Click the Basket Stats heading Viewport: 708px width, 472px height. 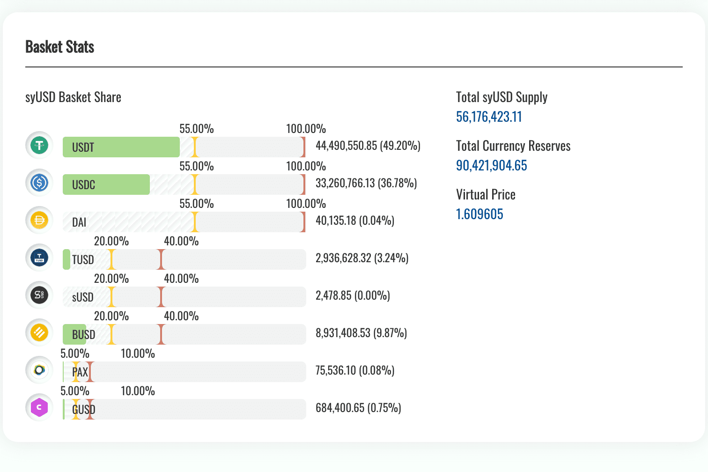(59, 47)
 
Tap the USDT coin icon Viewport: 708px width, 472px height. (39, 145)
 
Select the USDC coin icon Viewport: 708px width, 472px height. (39, 183)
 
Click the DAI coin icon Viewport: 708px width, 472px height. (39, 220)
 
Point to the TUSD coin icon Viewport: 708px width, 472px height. (39, 258)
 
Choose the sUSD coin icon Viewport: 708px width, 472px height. (39, 295)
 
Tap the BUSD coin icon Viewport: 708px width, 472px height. (39, 332)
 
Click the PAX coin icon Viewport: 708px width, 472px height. (39, 370)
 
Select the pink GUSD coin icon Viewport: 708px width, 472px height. (39, 407)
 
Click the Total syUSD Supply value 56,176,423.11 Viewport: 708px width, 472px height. (489, 117)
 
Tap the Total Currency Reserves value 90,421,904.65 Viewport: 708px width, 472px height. (491, 165)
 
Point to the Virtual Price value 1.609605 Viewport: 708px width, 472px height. (479, 214)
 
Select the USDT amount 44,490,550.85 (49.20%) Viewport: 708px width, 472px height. (368, 146)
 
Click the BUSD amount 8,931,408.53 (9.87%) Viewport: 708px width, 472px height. (361, 333)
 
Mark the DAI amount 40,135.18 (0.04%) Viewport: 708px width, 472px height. (354, 221)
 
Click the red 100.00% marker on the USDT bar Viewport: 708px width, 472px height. (303, 147)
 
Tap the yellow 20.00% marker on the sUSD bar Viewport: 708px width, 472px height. (111, 297)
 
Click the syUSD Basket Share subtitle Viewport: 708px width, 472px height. (73, 97)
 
